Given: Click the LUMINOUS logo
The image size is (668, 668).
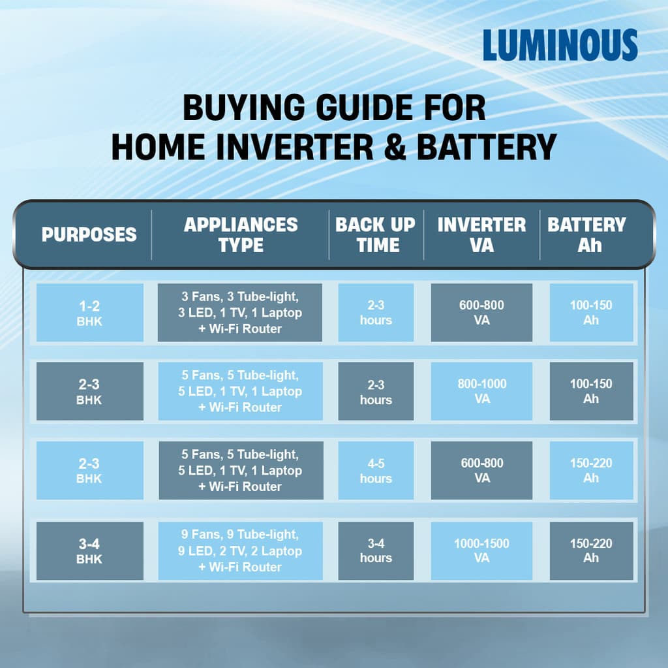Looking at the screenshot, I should [560, 46].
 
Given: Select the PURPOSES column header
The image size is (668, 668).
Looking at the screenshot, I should [89, 235].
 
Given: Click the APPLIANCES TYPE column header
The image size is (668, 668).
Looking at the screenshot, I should [241, 235].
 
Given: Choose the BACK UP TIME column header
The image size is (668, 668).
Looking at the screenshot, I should [376, 235].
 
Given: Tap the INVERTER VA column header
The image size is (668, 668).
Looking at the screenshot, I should [481, 235].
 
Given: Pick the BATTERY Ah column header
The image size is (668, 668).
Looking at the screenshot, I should [587, 235].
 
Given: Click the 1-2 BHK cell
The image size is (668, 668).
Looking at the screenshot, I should [89, 313].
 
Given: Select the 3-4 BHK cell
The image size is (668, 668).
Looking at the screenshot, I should [89, 551].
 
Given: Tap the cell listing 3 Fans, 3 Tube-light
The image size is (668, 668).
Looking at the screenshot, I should [240, 313].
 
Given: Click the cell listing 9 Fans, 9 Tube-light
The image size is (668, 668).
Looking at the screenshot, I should [240, 551].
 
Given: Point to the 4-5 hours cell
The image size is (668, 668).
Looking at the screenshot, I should [376, 471].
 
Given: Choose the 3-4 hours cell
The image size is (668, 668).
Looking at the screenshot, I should [376, 551].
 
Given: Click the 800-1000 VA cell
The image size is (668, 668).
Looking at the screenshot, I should [481, 391].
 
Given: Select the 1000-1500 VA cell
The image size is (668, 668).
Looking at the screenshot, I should [481, 551].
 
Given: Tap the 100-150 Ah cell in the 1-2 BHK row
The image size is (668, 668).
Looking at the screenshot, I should [591, 313].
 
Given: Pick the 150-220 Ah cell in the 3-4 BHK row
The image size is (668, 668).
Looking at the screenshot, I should [591, 551].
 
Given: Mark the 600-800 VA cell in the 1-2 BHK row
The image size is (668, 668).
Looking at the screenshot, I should [481, 313].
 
